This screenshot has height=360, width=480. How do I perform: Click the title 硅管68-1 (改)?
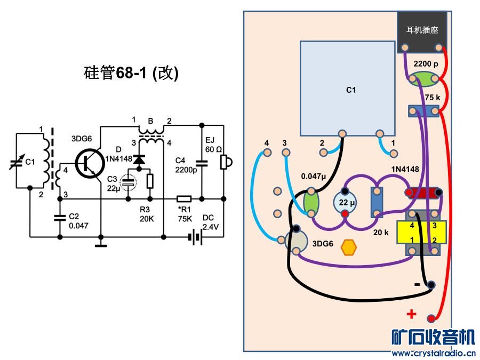pos(131,73)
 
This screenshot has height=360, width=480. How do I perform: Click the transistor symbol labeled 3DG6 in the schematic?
pos(89,163)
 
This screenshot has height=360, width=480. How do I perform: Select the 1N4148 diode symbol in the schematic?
pos(140,159)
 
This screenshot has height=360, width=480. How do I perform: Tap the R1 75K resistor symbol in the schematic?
pos(185,198)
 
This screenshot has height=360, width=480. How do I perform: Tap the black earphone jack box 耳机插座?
pos(422,32)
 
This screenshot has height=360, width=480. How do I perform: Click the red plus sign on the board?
pos(411,314)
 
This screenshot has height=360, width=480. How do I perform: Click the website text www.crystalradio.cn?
pos(433,353)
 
